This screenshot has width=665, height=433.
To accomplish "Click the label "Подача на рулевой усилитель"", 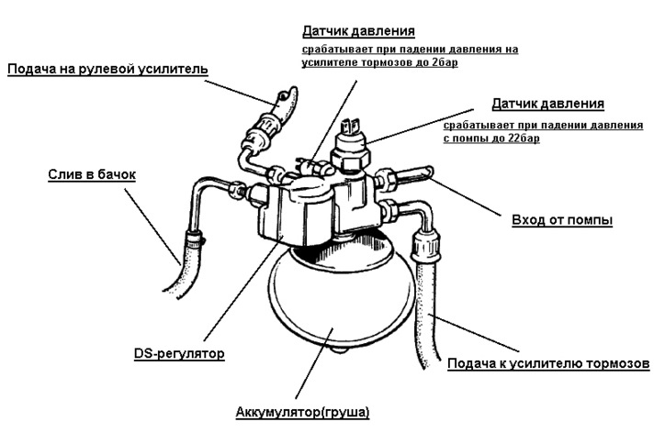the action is coord(107,69).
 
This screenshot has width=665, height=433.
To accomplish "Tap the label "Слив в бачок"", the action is coord(92,174).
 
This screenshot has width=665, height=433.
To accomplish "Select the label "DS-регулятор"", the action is coord(179,353).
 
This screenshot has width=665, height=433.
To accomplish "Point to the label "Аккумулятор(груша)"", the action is coord(302,412).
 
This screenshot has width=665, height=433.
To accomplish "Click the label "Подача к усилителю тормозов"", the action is coord(548,364).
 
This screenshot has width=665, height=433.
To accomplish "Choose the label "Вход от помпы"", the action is coord(562,220).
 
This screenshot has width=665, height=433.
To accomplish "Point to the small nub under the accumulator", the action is coord(340,350).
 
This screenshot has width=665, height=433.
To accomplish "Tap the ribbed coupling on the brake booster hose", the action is coord(426,247).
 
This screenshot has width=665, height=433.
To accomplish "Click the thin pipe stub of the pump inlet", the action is coord(415,172).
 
